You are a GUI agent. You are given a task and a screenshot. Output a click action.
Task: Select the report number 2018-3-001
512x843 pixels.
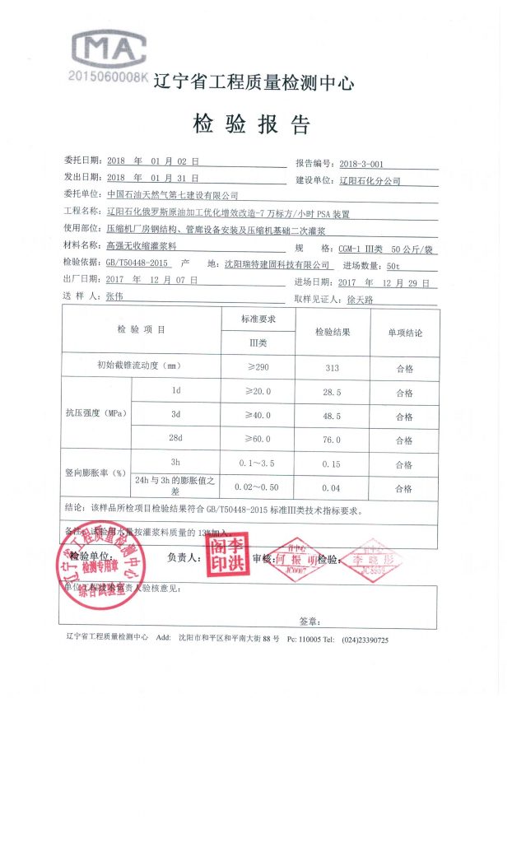tap(361, 163)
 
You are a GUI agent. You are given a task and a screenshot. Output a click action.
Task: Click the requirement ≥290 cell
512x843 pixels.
tap(258, 366)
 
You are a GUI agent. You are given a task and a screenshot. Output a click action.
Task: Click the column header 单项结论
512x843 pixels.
tap(404, 333)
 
